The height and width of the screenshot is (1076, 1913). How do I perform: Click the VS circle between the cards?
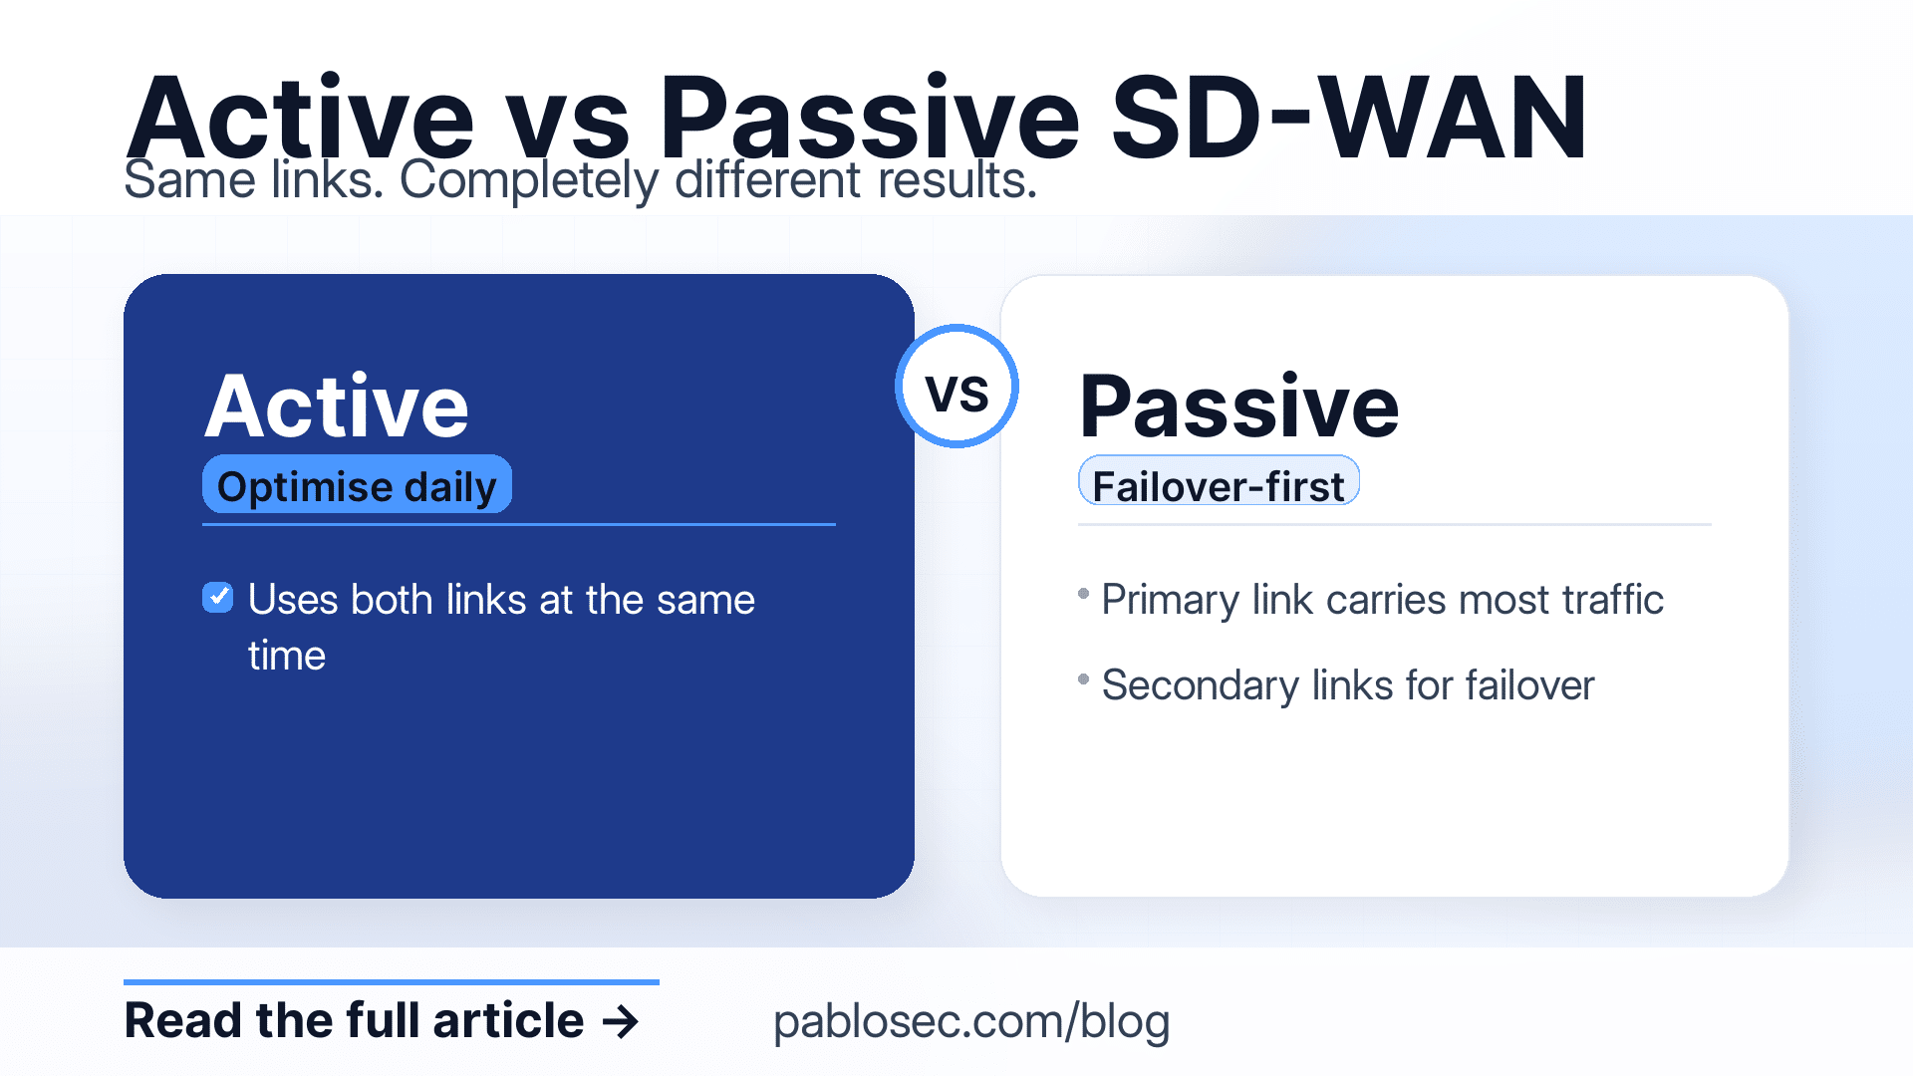tap(956, 387)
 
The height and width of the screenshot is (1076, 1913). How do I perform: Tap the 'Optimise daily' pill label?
tap(357, 486)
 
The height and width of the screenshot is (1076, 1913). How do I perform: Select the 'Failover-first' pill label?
tap(1218, 485)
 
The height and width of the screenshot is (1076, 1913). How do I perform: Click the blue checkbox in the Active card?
tap(218, 598)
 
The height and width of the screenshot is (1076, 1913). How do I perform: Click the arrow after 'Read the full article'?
tap(622, 1021)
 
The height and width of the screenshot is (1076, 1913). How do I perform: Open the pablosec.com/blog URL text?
tap(970, 1021)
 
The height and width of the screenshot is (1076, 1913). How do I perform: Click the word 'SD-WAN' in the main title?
tap(1347, 120)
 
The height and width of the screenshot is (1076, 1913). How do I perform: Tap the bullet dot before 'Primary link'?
tap(1084, 594)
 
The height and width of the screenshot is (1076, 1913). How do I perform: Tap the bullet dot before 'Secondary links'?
tap(1084, 679)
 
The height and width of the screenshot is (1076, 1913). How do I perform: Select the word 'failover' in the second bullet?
tap(1529, 685)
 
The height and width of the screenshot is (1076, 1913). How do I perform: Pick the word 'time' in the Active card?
tap(287, 656)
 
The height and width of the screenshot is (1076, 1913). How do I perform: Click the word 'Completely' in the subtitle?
tap(529, 182)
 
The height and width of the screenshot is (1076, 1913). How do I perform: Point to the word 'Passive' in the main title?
tap(869, 120)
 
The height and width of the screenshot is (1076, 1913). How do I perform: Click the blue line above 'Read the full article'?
tap(391, 982)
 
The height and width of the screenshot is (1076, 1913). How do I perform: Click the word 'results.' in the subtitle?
tap(957, 182)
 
